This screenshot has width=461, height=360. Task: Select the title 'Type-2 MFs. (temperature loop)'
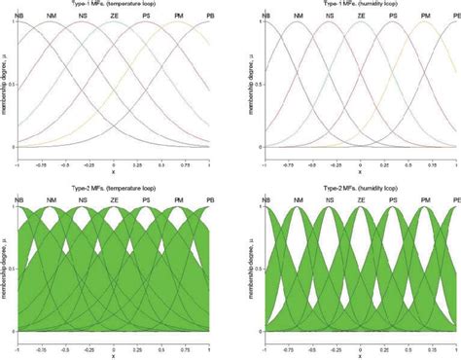(x=115, y=188)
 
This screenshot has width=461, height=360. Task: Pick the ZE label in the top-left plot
(x=114, y=17)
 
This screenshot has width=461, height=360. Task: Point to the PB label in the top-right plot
(x=454, y=17)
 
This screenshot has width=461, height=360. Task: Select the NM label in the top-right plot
(x=299, y=17)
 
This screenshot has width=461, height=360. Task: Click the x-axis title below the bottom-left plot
(x=114, y=352)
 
